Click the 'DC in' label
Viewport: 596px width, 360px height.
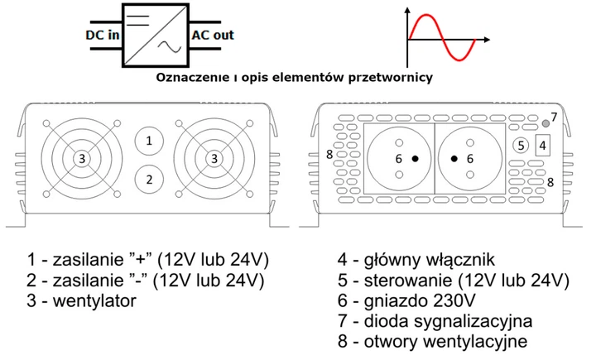[x=103, y=36]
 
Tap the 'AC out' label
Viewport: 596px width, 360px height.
[x=213, y=36]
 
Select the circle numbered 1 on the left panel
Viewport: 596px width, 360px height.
[x=149, y=142]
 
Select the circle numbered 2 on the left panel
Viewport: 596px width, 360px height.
[x=149, y=178]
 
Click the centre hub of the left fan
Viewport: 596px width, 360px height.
[x=81, y=158]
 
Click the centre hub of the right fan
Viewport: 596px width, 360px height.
[x=214, y=158]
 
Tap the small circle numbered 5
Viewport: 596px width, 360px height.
[x=519, y=144]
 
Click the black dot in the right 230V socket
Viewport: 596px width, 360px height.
[x=454, y=158]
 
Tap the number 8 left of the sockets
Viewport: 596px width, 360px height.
[x=329, y=155]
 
